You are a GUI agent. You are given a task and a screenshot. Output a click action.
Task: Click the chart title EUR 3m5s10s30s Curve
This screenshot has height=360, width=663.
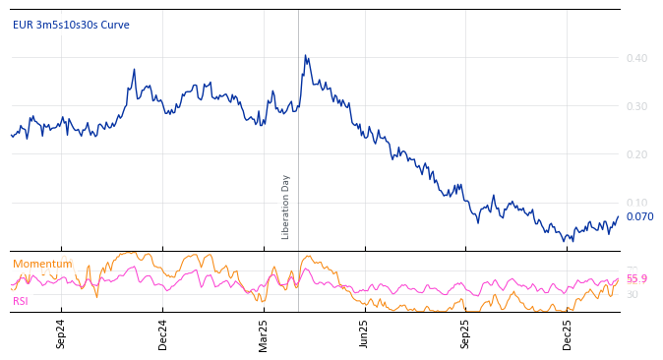71,26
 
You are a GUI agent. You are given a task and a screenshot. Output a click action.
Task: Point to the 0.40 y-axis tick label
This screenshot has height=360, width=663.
636,58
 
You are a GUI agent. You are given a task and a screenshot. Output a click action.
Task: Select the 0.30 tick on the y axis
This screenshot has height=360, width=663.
636,106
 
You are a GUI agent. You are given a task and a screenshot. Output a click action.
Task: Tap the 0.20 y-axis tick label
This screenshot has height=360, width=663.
636,154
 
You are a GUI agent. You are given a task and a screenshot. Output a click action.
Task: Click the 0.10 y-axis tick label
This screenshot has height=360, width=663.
636,203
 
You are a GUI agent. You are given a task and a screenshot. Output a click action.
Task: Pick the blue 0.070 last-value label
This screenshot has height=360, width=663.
639,216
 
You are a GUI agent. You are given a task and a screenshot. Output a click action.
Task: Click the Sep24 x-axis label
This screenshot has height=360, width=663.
61,333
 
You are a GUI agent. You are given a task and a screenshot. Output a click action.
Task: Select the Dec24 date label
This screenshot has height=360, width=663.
163,333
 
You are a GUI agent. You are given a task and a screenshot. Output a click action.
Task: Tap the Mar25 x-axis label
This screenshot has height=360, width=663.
264,333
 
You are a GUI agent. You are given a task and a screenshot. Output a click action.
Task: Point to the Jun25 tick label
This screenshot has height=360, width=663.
364,333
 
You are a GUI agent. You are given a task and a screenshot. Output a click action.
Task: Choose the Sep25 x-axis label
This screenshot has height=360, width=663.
465,333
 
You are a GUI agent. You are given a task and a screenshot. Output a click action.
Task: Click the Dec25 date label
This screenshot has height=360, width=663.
568,333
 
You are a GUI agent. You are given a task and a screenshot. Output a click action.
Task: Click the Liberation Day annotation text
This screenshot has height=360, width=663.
286,207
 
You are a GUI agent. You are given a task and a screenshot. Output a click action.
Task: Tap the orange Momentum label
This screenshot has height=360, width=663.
42,264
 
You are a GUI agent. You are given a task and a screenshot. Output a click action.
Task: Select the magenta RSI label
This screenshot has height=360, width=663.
21,301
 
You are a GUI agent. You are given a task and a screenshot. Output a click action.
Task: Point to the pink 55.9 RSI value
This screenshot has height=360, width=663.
636,279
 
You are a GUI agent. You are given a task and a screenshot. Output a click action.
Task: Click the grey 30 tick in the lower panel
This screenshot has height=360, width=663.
633,294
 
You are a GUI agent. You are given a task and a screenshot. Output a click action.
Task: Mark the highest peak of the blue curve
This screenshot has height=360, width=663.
305,55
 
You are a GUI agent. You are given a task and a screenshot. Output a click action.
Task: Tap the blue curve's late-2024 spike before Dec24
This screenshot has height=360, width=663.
134,70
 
